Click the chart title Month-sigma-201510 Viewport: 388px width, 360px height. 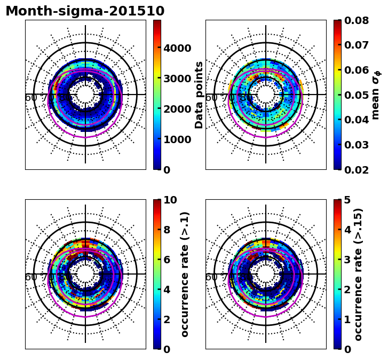coord(85,11)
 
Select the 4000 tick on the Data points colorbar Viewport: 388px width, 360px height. coord(177,48)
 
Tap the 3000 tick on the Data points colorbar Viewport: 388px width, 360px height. coord(177,79)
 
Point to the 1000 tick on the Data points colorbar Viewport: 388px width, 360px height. coord(177,139)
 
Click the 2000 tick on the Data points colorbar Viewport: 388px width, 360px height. coord(177,109)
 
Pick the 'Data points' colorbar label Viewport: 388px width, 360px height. coord(200,95)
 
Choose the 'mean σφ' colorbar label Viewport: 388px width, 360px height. coord(376,95)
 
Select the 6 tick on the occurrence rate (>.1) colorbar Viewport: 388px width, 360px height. coord(167,260)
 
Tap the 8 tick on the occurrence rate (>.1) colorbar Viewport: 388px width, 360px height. coord(167,230)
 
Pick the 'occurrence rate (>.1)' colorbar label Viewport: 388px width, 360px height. coord(185,274)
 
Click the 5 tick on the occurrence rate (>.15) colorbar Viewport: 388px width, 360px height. coord(347,200)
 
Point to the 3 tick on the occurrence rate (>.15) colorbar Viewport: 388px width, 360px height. coord(347,260)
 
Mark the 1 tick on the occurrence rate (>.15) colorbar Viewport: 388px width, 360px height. coord(347,319)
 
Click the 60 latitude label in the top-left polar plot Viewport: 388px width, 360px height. coord(31,98)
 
